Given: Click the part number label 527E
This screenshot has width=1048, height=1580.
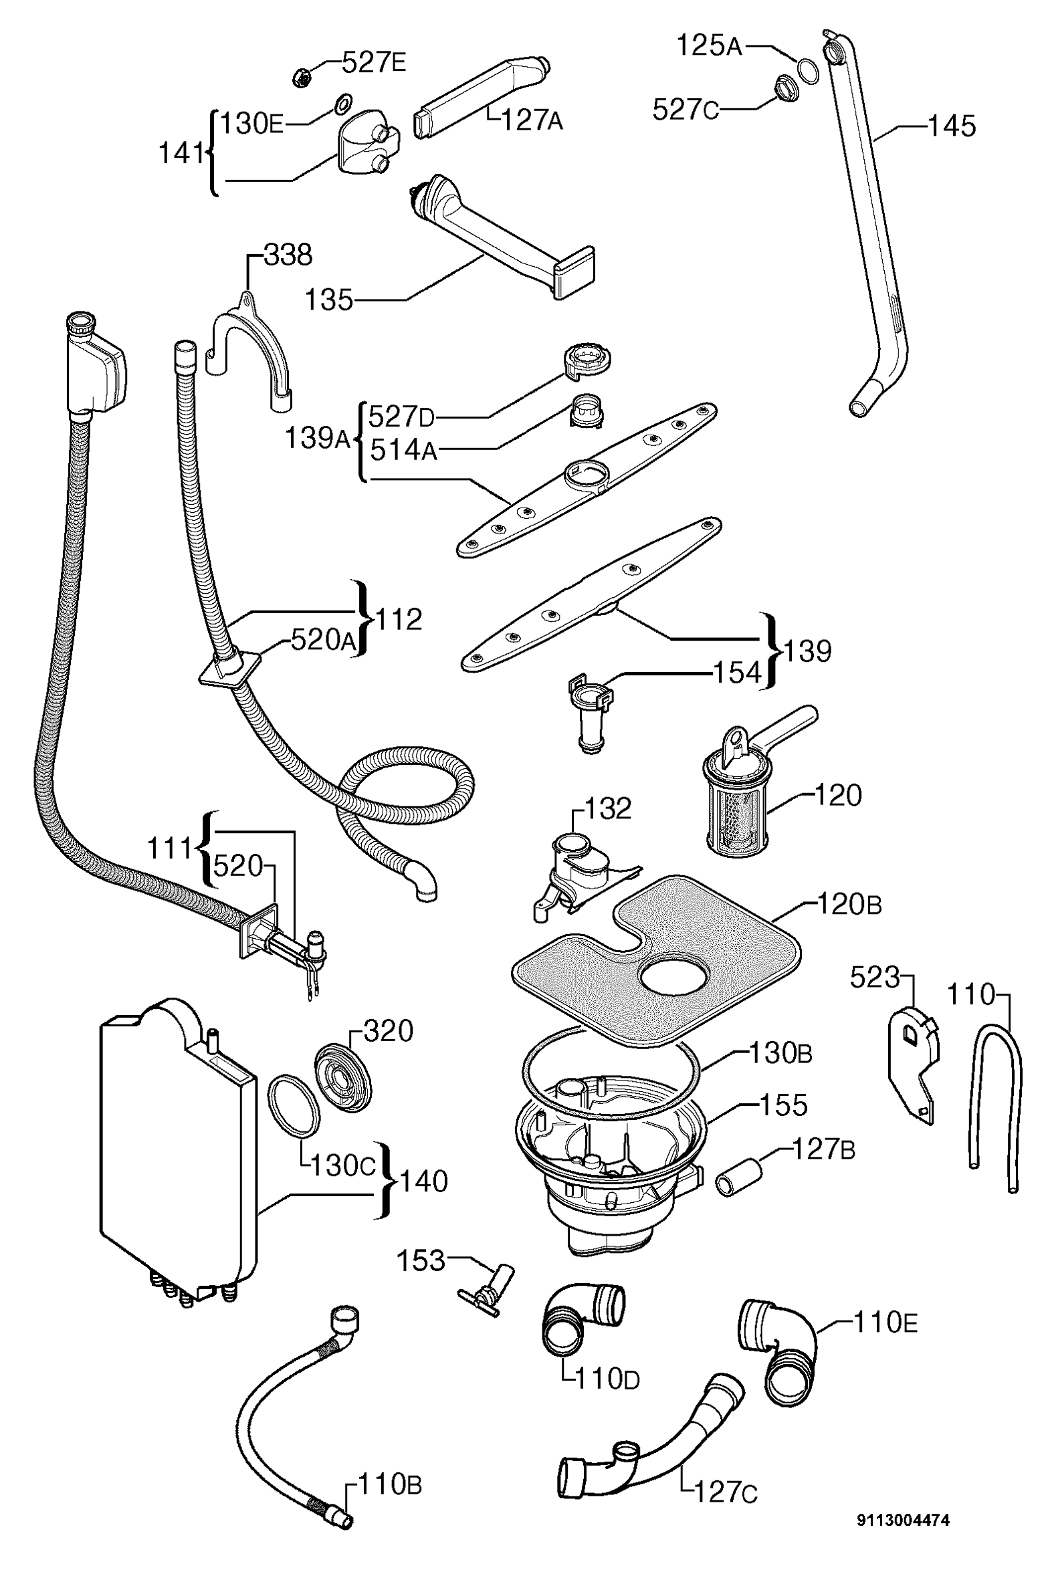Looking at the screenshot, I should [373, 63].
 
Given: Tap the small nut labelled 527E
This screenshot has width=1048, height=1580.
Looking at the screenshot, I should [302, 78].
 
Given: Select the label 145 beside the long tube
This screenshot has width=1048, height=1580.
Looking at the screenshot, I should [952, 126].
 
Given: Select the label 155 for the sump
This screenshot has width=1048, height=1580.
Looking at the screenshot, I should [783, 1105].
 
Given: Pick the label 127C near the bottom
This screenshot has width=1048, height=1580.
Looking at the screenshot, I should [726, 1510].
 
